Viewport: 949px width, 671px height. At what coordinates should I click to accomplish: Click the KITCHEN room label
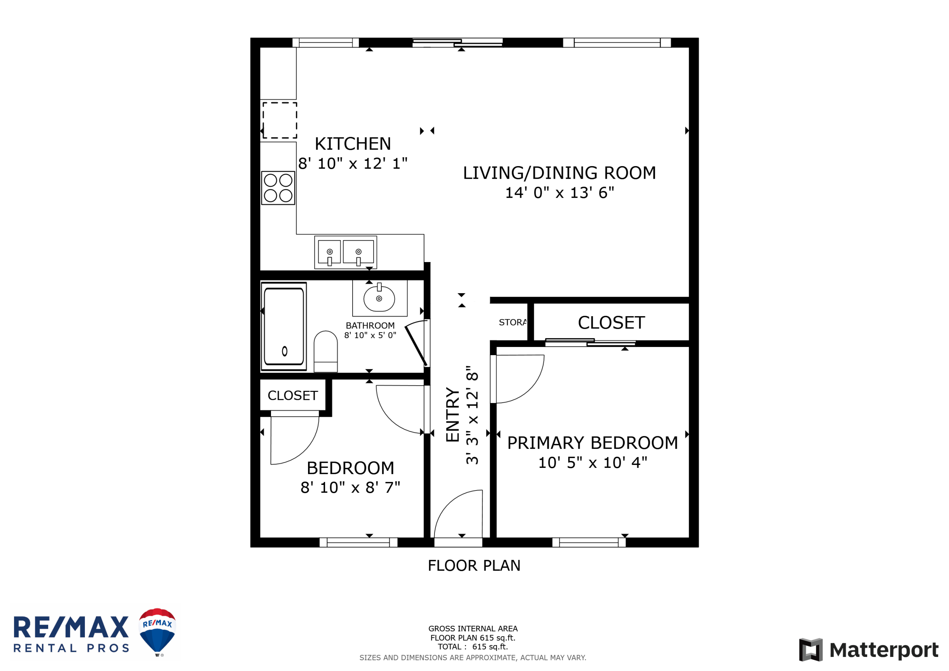coord(353,144)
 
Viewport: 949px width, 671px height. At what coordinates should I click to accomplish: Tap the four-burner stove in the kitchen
coord(278,188)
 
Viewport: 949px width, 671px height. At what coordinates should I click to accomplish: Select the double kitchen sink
coord(345,252)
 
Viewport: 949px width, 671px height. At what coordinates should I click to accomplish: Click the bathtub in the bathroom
coord(284,327)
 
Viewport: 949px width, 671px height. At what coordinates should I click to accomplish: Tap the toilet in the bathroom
coord(326,351)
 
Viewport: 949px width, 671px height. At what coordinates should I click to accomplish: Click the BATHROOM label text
coord(370,326)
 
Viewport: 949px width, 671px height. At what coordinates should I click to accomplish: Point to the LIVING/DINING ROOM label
coord(559,173)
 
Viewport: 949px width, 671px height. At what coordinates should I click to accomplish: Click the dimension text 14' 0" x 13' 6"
coord(560,193)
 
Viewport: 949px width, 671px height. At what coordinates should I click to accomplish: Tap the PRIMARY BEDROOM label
coord(592,443)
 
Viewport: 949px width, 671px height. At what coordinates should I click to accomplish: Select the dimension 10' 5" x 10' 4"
coord(592,463)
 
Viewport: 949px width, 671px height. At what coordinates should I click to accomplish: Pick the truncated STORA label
coord(513,323)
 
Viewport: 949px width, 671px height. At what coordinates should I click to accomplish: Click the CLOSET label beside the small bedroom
coord(292,396)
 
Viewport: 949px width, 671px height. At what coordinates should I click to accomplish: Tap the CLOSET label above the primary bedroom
coord(611,323)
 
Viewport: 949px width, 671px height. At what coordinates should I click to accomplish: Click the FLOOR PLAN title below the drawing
coord(474,566)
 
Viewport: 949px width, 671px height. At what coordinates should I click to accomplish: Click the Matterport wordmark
coord(884,650)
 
